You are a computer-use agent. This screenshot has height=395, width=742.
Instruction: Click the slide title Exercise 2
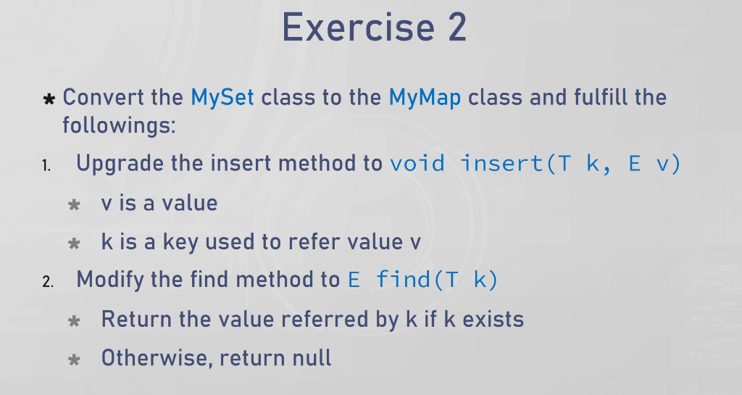click(375, 28)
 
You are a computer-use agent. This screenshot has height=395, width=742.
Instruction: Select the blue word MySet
click(222, 97)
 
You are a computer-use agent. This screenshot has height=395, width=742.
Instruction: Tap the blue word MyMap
click(425, 97)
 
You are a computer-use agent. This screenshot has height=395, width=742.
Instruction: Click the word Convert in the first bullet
click(103, 97)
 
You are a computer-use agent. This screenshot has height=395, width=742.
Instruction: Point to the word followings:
click(119, 125)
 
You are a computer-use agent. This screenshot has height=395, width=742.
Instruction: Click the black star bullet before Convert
click(49, 99)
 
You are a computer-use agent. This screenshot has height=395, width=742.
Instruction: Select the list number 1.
click(46, 165)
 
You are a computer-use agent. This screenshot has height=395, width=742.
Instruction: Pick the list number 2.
click(48, 282)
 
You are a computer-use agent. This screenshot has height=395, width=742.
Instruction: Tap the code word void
click(417, 164)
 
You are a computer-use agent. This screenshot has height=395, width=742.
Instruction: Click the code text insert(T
click(516, 164)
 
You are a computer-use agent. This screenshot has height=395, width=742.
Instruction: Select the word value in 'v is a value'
click(190, 203)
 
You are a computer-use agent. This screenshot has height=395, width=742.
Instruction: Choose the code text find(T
click(417, 280)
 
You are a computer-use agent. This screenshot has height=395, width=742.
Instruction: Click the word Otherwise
click(154, 357)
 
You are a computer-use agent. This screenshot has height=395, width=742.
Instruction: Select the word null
click(312, 357)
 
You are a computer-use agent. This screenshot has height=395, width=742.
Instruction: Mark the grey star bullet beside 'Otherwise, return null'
click(74, 360)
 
